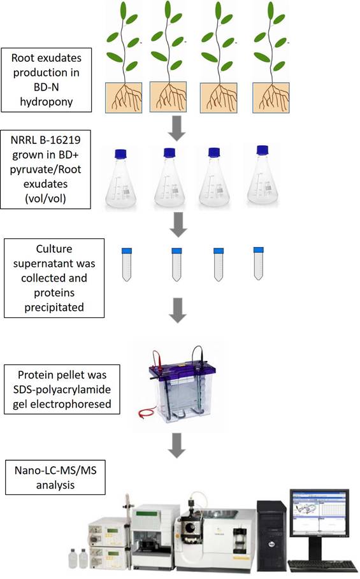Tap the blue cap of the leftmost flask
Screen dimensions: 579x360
tap(122, 154)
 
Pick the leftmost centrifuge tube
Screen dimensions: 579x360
tap(126, 265)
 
